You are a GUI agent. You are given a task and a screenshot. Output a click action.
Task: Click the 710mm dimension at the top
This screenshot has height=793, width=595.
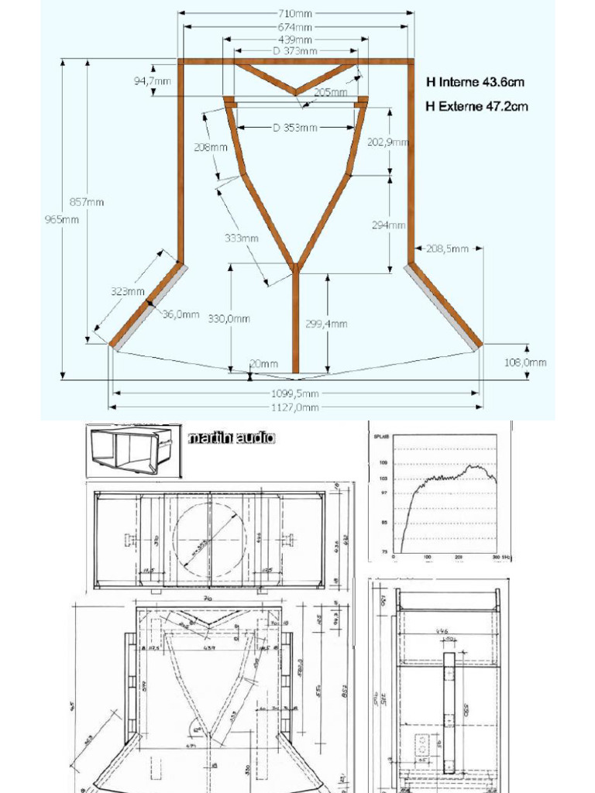pos(296,13)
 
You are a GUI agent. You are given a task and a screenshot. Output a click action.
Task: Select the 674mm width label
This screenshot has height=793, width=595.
pos(296,26)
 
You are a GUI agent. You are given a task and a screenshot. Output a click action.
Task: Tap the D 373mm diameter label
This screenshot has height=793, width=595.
pos(295,51)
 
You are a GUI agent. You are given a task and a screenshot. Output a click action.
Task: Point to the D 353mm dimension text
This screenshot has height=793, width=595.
pos(295,128)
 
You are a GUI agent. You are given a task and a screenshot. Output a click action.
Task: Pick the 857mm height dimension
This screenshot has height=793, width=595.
pos(87,202)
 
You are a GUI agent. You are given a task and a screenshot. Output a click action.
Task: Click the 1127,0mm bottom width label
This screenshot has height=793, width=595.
pos(295,407)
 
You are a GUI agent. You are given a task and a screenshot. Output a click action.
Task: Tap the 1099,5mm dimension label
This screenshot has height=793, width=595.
pos(295,393)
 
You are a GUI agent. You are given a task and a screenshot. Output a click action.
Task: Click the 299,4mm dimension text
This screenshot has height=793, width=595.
pos(326,324)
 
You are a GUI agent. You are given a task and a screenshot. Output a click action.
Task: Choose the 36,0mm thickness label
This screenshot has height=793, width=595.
pos(181,315)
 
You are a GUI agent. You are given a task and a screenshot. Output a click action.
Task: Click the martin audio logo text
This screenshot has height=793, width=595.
pos(232,438)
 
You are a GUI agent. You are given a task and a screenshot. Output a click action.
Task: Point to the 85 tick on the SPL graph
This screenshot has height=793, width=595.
pos(382,522)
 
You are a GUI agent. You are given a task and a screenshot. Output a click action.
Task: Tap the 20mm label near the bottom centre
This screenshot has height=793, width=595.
pos(264,363)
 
